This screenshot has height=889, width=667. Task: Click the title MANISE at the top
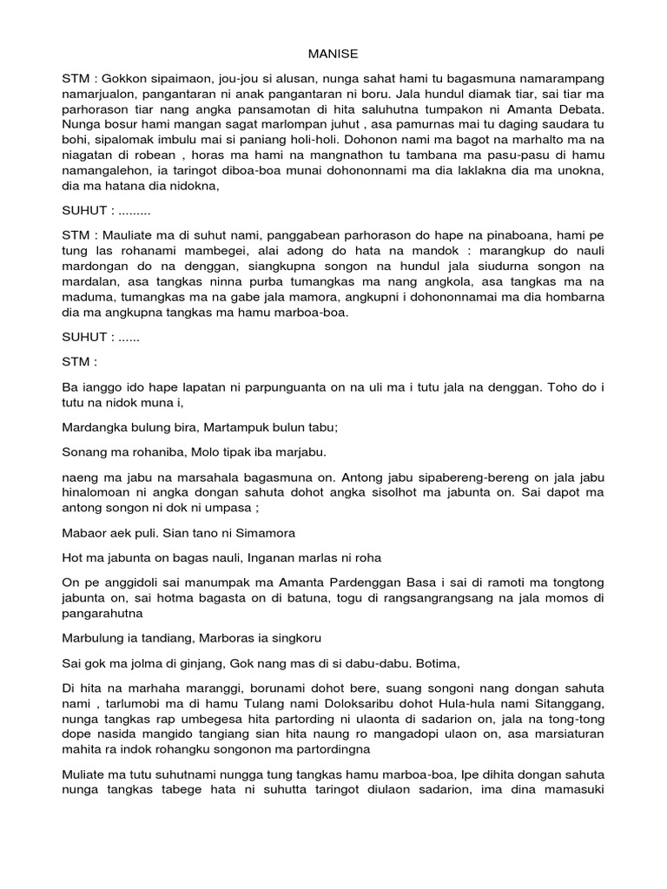pos(333,52)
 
